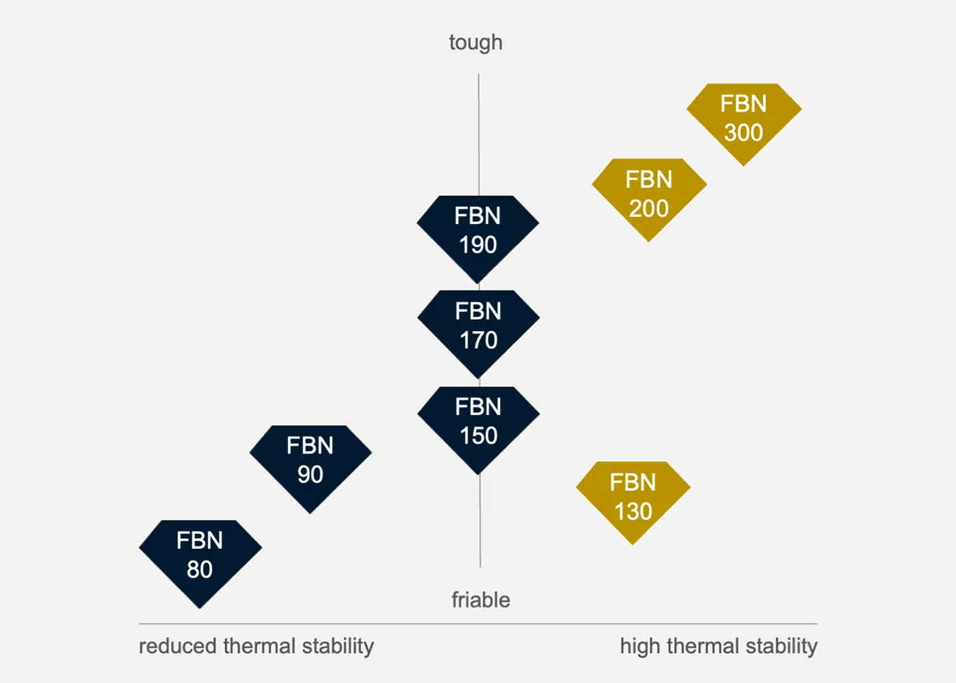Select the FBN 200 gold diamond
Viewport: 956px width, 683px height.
pyautogui.click(x=649, y=197)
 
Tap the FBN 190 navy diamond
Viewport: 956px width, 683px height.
pyautogui.click(x=478, y=236)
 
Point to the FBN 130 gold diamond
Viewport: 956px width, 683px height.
pyautogui.click(x=633, y=499)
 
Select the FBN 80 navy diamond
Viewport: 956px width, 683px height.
pyautogui.click(x=200, y=560)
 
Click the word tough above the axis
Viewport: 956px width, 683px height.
pyautogui.click(x=475, y=43)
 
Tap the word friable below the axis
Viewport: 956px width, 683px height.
pyautogui.click(x=481, y=600)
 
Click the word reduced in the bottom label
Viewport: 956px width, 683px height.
pyautogui.click(x=178, y=646)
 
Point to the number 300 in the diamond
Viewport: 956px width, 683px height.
pyautogui.click(x=744, y=133)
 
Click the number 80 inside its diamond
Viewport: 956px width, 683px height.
pyautogui.click(x=199, y=569)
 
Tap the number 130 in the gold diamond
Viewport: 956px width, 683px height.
pyautogui.click(x=634, y=511)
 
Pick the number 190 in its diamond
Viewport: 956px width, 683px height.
pyautogui.click(x=478, y=245)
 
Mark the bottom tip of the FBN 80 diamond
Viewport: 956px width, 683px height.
pyautogui.click(x=199, y=609)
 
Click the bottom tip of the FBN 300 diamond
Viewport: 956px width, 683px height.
pyautogui.click(x=744, y=166)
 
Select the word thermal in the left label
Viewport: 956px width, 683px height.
pyautogui.click(x=259, y=646)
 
